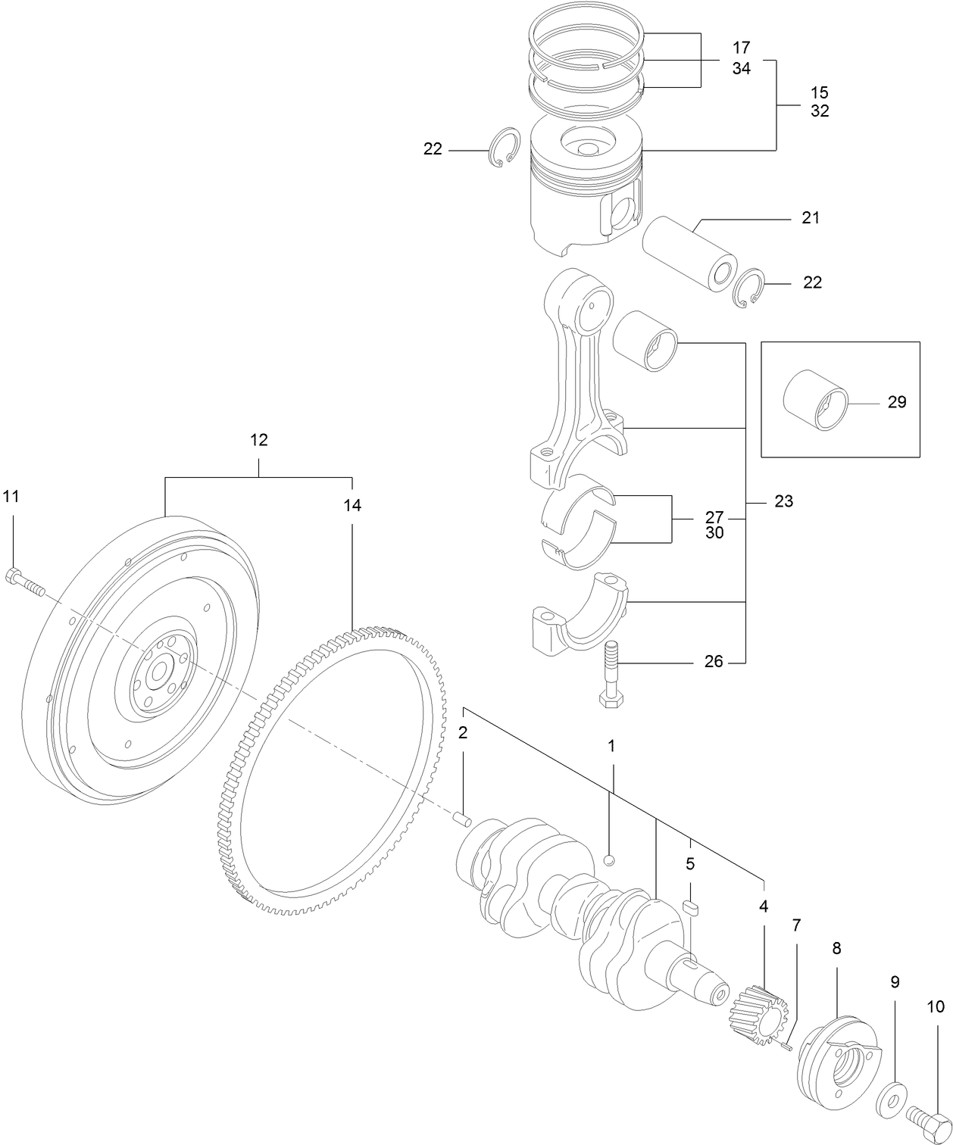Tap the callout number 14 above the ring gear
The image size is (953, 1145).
click(352, 506)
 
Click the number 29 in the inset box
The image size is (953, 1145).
click(896, 402)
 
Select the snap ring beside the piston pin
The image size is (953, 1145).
click(751, 289)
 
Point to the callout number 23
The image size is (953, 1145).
click(784, 501)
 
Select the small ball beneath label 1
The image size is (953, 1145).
click(610, 859)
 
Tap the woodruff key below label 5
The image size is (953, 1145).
click(690, 907)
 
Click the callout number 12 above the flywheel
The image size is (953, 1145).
click(259, 440)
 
